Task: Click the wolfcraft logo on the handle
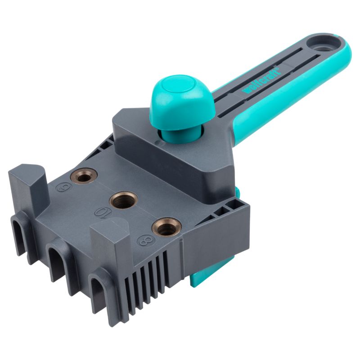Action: [261, 81]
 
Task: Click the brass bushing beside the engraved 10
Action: [122, 199]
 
